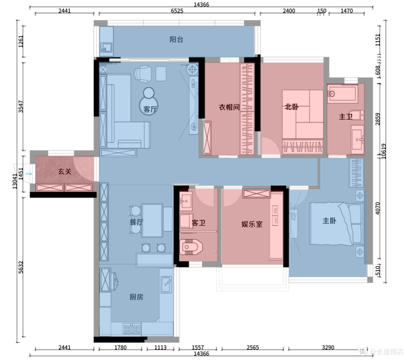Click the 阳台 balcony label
(x=176, y=40)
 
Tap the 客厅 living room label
(x=150, y=109)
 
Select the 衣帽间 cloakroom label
(x=229, y=107)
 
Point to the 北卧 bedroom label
(x=291, y=107)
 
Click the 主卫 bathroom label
(x=346, y=117)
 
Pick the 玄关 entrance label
(x=65, y=171)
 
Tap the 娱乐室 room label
(x=252, y=224)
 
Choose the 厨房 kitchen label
(x=136, y=297)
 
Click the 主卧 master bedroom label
(x=329, y=221)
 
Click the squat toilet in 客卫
(x=191, y=247)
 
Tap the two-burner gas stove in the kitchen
(x=132, y=329)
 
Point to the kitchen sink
(x=167, y=285)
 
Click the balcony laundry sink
(x=106, y=47)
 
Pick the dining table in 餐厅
(x=152, y=220)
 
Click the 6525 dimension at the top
(x=177, y=11)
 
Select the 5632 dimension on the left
(x=21, y=267)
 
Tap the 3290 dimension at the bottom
(x=328, y=347)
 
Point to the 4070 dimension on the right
(x=378, y=208)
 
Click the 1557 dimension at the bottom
(x=198, y=347)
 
